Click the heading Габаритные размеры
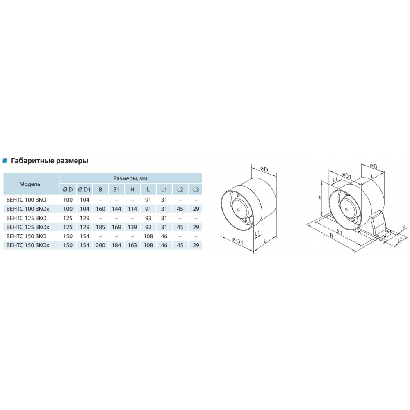coord(50,161)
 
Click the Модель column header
coord(30,184)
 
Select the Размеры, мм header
coord(130,178)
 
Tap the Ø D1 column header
coord(84,189)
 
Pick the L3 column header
coord(196,189)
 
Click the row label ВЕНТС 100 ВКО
coord(26,200)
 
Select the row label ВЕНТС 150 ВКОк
coord(28,245)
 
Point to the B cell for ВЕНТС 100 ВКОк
coord(100,209)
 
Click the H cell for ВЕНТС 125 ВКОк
coord(132,227)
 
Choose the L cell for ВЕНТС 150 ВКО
coord(148,236)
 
